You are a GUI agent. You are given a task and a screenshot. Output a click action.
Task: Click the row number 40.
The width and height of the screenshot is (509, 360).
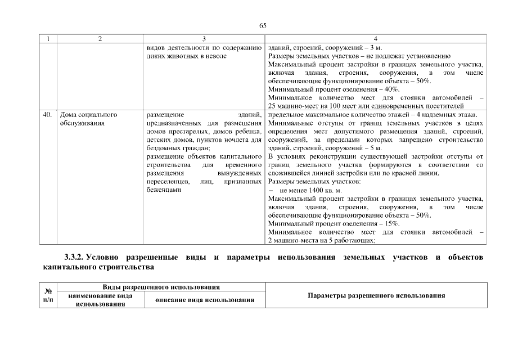tap(48, 115)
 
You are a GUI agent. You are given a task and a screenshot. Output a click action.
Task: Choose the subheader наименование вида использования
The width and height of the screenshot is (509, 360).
tap(100, 300)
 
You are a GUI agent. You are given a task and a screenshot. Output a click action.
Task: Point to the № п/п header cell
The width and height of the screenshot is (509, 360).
tap(48, 296)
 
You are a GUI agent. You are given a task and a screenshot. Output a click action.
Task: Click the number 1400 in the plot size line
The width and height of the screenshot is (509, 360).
tap(317, 191)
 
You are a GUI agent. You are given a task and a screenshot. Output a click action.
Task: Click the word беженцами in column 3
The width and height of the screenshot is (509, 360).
tap(163, 190)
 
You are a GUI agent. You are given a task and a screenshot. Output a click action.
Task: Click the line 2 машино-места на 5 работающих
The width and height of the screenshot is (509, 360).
tap(322, 240)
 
